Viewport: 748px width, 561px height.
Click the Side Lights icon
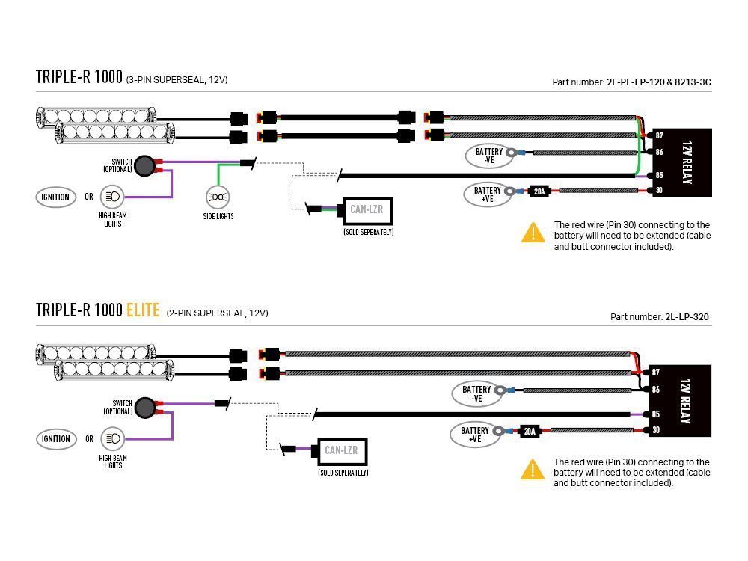(x=218, y=197)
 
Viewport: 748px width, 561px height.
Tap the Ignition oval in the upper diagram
(x=56, y=197)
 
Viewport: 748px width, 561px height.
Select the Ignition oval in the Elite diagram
(x=56, y=439)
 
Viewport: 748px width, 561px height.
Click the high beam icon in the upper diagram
(x=113, y=197)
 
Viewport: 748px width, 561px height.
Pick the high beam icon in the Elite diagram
(x=113, y=438)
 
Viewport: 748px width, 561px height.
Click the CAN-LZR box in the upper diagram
(x=367, y=210)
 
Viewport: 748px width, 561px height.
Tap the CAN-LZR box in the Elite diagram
(x=341, y=451)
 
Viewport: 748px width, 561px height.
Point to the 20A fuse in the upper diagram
(x=539, y=191)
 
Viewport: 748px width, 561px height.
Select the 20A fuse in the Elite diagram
(x=530, y=432)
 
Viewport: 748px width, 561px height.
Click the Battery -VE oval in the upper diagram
(x=489, y=156)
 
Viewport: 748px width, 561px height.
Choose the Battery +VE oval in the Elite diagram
(x=475, y=435)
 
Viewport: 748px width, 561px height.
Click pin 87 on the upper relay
(x=659, y=135)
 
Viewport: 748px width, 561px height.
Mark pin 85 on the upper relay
(x=659, y=175)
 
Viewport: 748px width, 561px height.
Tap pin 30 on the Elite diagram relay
(x=657, y=430)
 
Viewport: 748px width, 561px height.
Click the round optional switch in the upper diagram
(x=144, y=165)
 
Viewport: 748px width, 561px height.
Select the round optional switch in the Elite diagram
(x=145, y=408)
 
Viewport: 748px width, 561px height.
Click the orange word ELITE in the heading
(x=143, y=310)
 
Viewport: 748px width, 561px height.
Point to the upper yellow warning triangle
(x=533, y=233)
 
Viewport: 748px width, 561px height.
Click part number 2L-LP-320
(x=687, y=316)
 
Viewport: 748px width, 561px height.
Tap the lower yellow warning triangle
(x=533, y=470)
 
